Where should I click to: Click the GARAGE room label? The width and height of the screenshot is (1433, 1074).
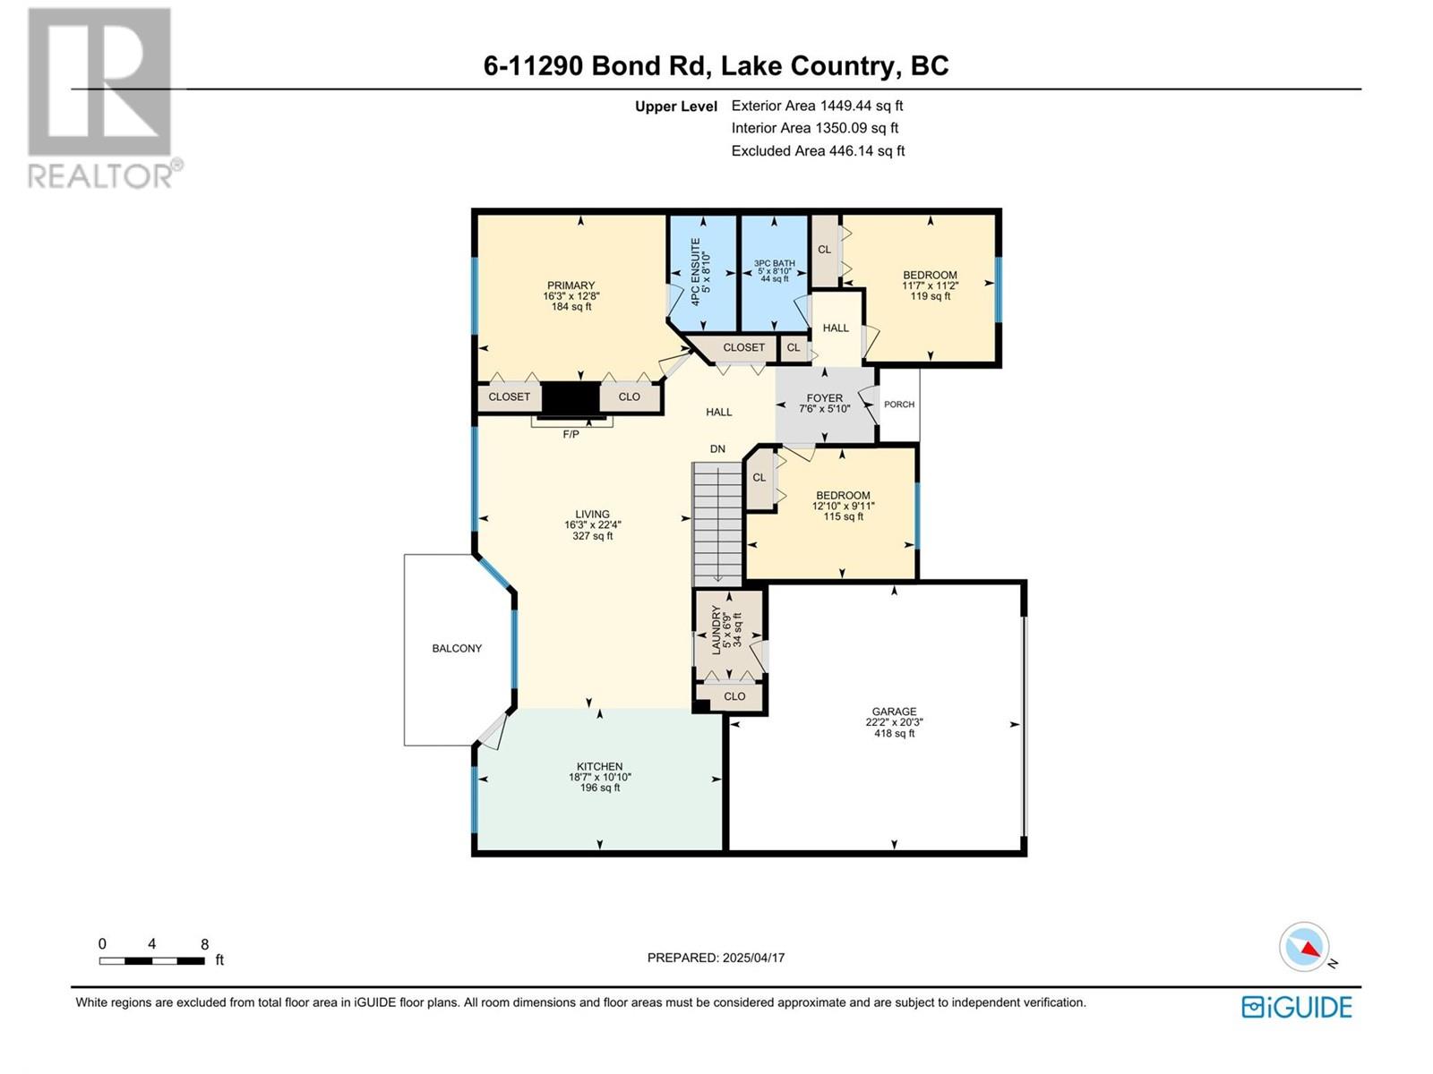[x=894, y=712]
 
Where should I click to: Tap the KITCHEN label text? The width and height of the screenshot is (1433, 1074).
[x=599, y=767]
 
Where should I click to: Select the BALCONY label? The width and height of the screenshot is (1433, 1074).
[x=457, y=649]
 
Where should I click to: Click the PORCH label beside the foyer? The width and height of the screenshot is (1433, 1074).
[x=899, y=405]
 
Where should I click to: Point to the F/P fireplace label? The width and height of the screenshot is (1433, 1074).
[x=571, y=434]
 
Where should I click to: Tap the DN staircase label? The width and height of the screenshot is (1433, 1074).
[x=717, y=449]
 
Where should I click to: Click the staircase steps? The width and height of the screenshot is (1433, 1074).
[x=717, y=524]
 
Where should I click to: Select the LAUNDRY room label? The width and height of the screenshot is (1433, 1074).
[x=716, y=629]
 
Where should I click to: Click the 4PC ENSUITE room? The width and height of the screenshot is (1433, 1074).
[x=701, y=273]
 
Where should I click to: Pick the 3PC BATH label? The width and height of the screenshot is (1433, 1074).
[x=774, y=264]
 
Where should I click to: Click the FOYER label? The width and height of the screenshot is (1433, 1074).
[x=824, y=398]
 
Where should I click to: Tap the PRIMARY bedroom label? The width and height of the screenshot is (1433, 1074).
[x=571, y=286]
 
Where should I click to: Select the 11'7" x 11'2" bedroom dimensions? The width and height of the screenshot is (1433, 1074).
[x=930, y=286]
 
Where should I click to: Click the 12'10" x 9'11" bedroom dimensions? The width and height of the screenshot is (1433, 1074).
[x=843, y=507]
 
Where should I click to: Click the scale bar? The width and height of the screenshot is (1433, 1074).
[x=152, y=961]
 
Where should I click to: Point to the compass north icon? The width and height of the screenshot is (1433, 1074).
[x=1305, y=947]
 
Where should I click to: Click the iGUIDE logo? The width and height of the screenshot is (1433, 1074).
[x=1296, y=1007]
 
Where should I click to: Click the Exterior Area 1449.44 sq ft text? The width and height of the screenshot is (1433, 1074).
[x=817, y=106]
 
